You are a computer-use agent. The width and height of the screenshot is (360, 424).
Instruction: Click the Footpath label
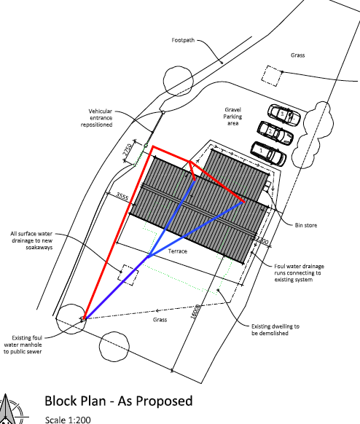coord(183,40)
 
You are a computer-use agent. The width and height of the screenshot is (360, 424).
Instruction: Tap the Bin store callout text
coord(306,225)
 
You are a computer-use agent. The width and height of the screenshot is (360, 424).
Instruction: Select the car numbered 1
coord(268,154)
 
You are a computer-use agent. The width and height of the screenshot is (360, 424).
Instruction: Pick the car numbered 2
coord(275,133)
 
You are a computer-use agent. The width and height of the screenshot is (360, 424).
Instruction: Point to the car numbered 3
coord(284,115)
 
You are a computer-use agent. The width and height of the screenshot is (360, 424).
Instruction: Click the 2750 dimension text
coord(128,149)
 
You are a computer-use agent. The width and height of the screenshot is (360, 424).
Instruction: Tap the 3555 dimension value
coord(122,196)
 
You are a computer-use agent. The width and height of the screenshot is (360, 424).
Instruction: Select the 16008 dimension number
coord(196,312)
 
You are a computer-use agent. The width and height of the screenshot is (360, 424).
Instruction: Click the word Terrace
coord(178,251)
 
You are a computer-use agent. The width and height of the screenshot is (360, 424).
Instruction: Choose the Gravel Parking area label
coord(232,117)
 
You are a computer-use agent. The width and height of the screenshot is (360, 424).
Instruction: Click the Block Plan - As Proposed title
coord(119,401)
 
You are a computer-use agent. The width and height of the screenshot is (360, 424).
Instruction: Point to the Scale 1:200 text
coord(68,420)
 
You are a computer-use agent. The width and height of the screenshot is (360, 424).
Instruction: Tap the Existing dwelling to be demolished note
coord(275,329)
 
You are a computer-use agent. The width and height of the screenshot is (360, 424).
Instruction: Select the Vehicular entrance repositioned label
coord(97,118)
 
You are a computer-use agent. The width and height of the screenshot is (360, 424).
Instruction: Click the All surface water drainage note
coord(31,240)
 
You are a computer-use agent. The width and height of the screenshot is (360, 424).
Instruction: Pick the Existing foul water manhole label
coord(23,345)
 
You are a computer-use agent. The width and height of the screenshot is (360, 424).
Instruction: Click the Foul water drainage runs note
coord(299,273)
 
